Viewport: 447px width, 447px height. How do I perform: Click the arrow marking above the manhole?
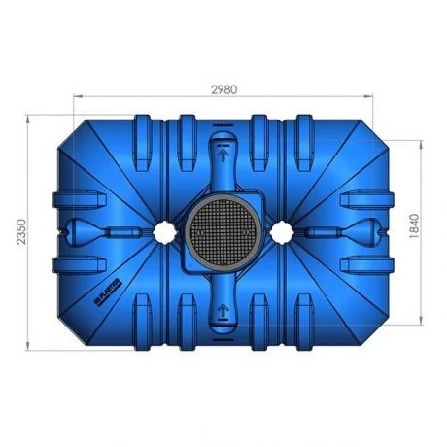point(223,152)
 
